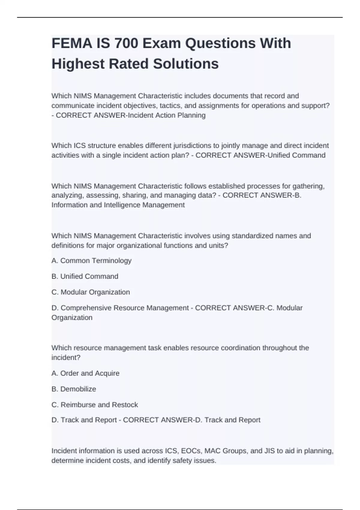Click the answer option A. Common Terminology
pyautogui.click(x=91, y=261)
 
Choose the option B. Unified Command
pyautogui.click(x=85, y=276)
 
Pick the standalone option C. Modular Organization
pyautogui.click(x=91, y=292)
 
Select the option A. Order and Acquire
pyautogui.click(x=85, y=373)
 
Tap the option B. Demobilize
pyautogui.click(x=74, y=389)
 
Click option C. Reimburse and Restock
pyautogui.click(x=95, y=405)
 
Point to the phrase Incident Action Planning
pyautogui.click(x=167, y=115)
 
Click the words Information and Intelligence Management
pyautogui.click(x=118, y=205)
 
